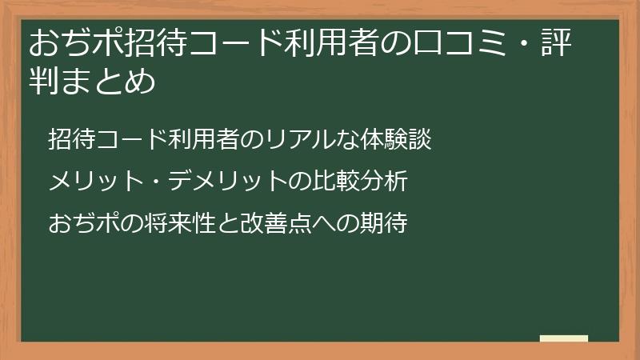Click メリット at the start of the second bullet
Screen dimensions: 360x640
click(x=88, y=182)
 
